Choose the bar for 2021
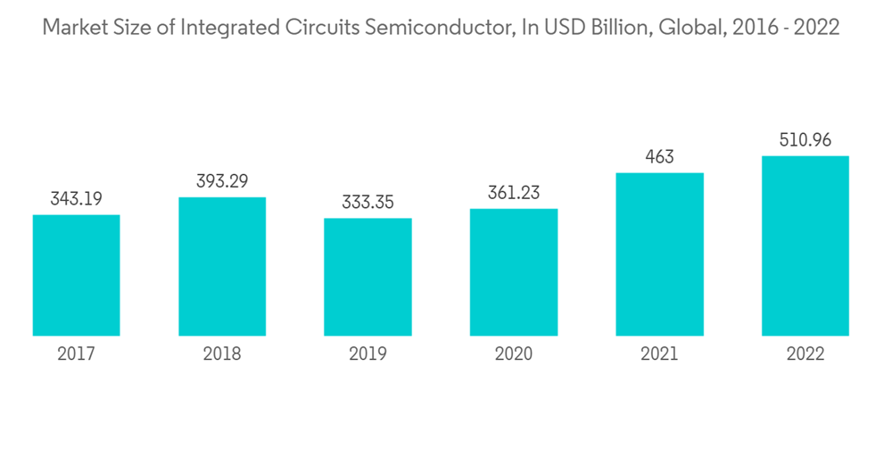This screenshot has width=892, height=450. (659, 254)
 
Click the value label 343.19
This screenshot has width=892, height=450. (76, 198)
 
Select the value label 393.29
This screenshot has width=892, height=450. (222, 180)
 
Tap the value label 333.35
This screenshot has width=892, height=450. (368, 202)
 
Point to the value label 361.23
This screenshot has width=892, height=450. (514, 192)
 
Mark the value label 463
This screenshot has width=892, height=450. (659, 157)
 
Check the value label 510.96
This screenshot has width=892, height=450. (805, 140)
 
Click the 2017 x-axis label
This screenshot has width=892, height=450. (76, 354)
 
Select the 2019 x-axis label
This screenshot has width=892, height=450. (368, 354)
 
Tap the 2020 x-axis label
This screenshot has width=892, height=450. (514, 354)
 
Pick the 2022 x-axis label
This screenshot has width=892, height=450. (805, 354)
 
